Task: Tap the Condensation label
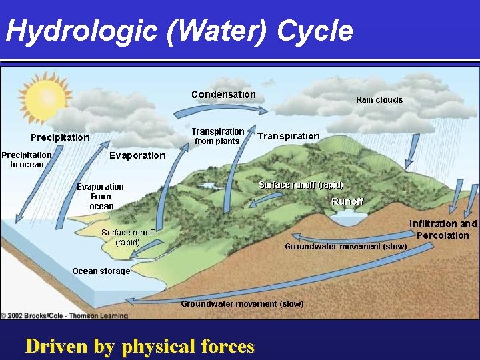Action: click(223, 95)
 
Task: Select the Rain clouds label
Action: click(379, 100)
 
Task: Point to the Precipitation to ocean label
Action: click(27, 159)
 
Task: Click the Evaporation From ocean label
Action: click(101, 197)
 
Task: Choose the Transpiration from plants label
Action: click(217, 136)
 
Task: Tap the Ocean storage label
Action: click(101, 271)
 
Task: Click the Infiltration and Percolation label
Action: click(443, 229)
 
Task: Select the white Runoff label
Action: click(347, 201)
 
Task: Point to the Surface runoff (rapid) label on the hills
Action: click(301, 185)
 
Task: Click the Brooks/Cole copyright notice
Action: click(65, 315)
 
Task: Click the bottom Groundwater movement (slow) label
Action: click(242, 304)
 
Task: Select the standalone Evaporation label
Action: click(137, 155)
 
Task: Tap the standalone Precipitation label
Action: click(60, 137)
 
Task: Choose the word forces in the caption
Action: click(227, 347)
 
